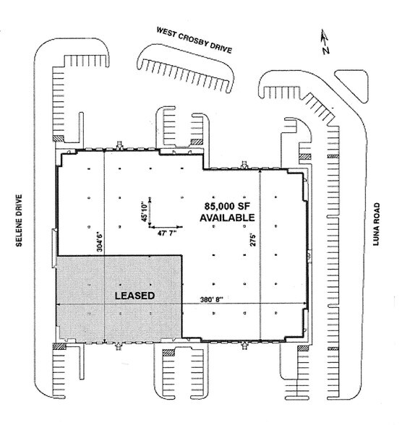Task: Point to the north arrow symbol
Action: tap(325, 38)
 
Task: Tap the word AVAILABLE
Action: tap(227, 217)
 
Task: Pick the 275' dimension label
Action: tap(254, 239)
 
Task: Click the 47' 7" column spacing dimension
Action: tap(163, 234)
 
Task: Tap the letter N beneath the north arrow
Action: tap(326, 51)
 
